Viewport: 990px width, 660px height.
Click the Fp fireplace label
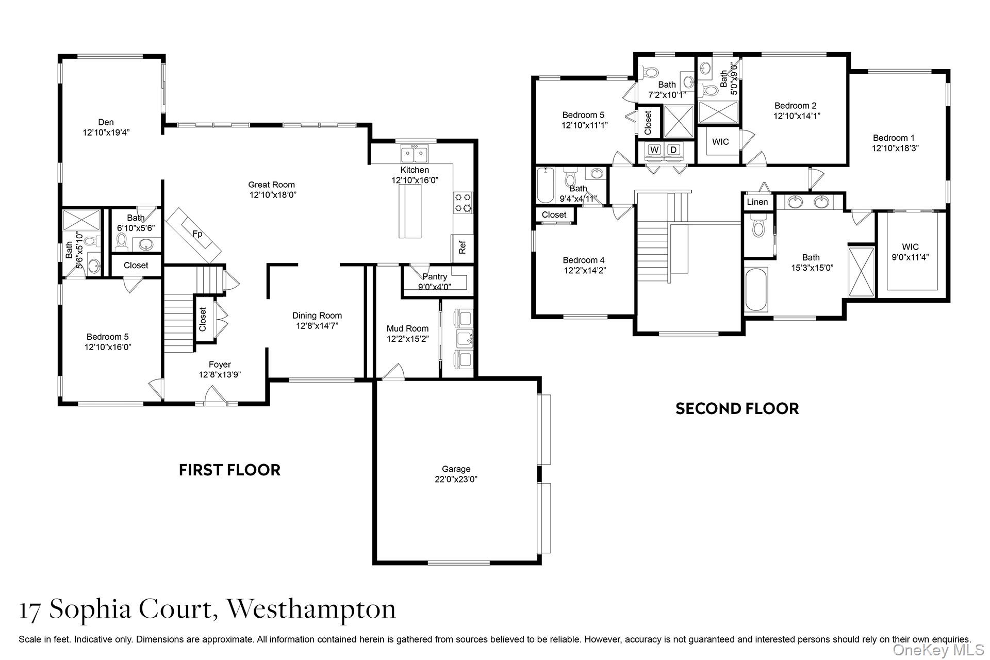pyautogui.click(x=197, y=234)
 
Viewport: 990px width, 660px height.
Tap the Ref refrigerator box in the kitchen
pyautogui.click(x=462, y=248)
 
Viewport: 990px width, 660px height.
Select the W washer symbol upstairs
pyautogui.click(x=654, y=150)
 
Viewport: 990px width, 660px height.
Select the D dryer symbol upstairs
pyautogui.click(x=673, y=150)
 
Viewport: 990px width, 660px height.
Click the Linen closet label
pyautogui.click(x=757, y=202)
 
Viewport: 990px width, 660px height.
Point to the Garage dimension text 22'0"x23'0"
pyautogui.click(x=456, y=479)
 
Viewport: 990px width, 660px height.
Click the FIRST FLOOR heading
pyautogui.click(x=229, y=470)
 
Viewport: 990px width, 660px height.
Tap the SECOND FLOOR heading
pyautogui.click(x=737, y=408)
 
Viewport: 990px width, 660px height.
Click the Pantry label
pyautogui.click(x=434, y=277)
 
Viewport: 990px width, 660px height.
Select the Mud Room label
pyautogui.click(x=407, y=328)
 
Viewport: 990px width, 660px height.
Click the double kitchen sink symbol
pyautogui.click(x=415, y=153)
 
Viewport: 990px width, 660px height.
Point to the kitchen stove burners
pyautogui.click(x=463, y=203)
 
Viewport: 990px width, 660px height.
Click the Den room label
pyautogui.click(x=106, y=122)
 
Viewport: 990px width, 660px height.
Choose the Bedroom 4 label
pyautogui.click(x=583, y=260)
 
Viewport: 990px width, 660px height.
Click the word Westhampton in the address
pyautogui.click(x=311, y=609)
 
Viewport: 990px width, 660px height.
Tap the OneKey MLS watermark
pyautogui.click(x=938, y=650)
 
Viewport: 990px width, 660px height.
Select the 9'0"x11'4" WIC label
pyautogui.click(x=910, y=252)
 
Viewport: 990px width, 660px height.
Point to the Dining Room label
pyautogui.click(x=317, y=316)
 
